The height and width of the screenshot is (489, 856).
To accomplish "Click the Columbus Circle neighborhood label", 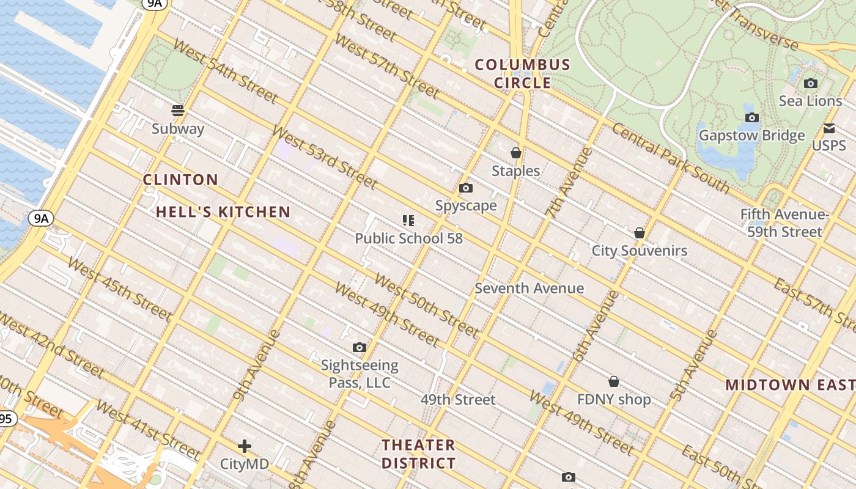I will click(522, 73).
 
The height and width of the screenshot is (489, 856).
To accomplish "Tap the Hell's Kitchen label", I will click(223, 212).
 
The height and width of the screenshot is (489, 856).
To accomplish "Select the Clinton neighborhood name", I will click(180, 180).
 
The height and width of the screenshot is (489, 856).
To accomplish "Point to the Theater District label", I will click(419, 454).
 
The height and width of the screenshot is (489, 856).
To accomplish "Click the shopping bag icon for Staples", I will click(516, 152).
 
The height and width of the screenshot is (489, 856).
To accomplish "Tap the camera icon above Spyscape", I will click(466, 188).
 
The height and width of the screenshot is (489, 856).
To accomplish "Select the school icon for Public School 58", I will click(408, 220).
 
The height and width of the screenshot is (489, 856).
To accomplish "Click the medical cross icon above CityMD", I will click(245, 446).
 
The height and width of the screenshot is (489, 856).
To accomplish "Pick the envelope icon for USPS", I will click(829, 128).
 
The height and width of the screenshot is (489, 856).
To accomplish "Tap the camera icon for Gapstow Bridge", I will click(752, 117).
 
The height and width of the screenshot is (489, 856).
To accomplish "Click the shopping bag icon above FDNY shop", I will click(614, 381).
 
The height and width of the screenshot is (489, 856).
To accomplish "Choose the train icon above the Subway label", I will click(178, 111).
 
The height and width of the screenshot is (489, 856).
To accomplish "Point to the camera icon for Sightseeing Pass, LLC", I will click(360, 347).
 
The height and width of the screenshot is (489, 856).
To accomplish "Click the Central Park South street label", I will click(671, 158).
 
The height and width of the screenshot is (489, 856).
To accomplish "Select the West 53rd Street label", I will click(325, 157).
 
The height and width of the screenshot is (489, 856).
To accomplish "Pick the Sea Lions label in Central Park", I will click(811, 101).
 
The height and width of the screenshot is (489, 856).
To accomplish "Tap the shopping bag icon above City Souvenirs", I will click(640, 233).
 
